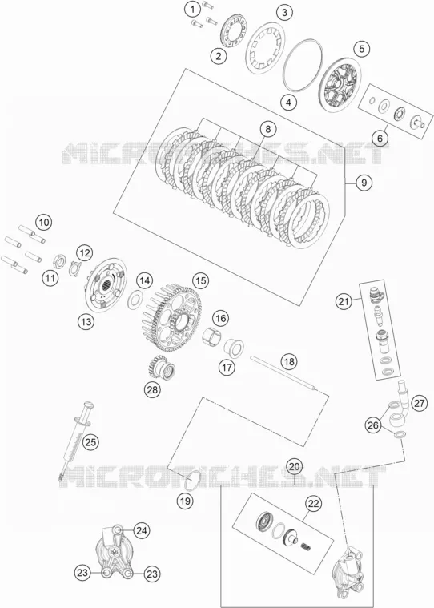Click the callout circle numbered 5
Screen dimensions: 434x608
pyautogui.click(x=362, y=49)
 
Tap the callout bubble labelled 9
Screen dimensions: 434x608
pyautogui.click(x=364, y=183)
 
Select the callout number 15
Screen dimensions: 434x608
pyautogui.click(x=200, y=280)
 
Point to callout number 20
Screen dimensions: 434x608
pyautogui.click(x=295, y=466)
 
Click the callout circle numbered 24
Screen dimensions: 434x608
pyautogui.click(x=142, y=530)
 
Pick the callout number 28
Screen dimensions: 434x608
pyautogui.click(x=152, y=389)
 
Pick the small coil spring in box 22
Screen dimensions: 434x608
pyautogui.click(x=306, y=548)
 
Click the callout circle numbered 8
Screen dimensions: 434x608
pyautogui.click(x=267, y=129)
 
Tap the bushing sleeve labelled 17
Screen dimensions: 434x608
pyautogui.click(x=235, y=346)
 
